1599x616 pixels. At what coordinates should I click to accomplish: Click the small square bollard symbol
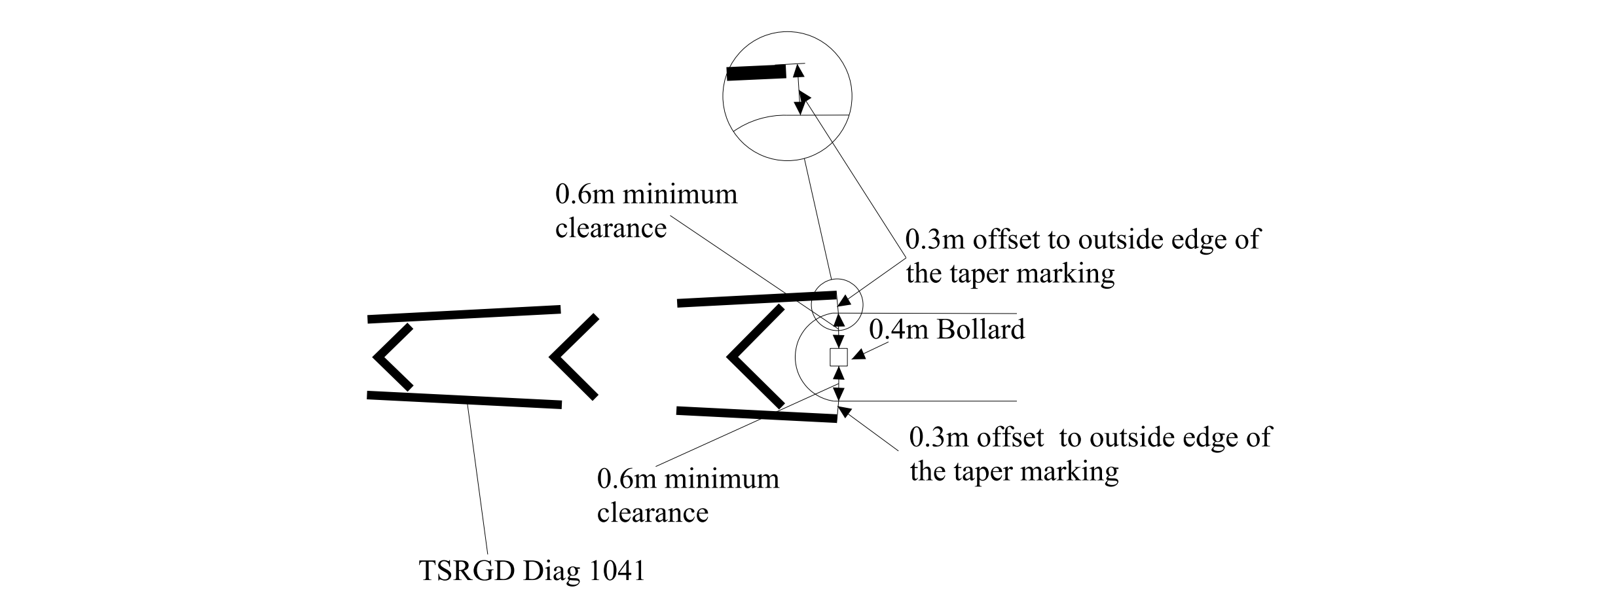pos(839,357)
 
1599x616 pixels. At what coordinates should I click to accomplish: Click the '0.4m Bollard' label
pos(946,329)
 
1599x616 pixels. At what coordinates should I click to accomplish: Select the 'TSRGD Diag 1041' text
pos(532,571)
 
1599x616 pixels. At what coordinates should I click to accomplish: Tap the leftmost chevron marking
pos(392,357)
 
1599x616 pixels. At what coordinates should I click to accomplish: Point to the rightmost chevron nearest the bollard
pos(753,357)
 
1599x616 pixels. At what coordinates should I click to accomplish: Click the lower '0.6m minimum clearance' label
pos(688,496)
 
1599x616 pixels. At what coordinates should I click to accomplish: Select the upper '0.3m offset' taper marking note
pos(1082,256)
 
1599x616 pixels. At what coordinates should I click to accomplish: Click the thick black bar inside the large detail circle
pos(756,73)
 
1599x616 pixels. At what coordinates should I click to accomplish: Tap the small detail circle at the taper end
pos(837,305)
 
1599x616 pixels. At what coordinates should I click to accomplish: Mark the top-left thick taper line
pos(464,314)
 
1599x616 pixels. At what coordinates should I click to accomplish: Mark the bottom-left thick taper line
pos(464,399)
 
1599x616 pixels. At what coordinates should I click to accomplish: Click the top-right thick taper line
pos(756,299)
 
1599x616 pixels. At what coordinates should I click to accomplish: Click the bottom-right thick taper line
pos(756,415)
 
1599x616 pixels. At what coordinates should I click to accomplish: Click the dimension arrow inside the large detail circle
pos(799,90)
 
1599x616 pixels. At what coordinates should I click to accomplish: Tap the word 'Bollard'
pos(980,329)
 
